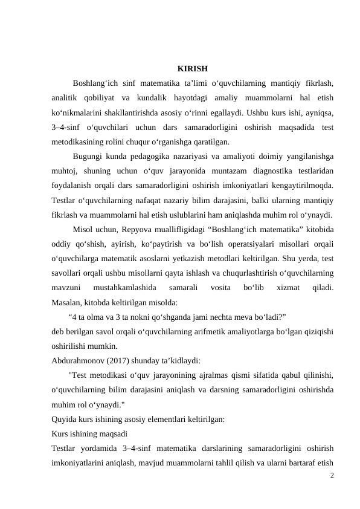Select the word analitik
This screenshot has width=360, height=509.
click(x=66, y=98)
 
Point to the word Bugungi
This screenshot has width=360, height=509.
click(x=88, y=157)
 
